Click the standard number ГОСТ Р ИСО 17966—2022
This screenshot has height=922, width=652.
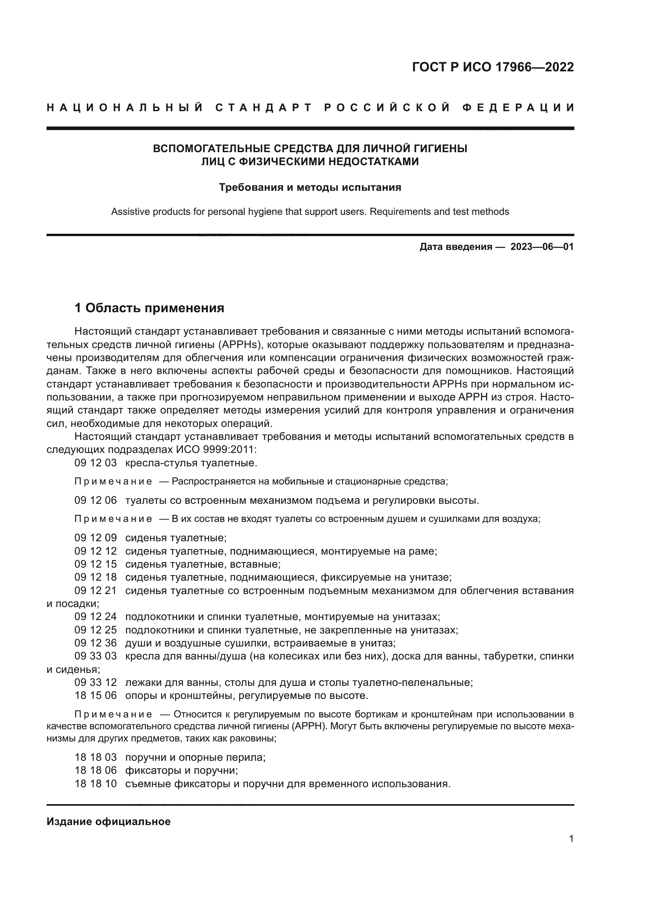(x=493, y=67)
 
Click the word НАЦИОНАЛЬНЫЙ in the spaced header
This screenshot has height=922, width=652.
(x=125, y=108)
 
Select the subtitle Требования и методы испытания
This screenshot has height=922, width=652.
(x=310, y=187)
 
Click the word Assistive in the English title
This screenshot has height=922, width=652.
(x=130, y=212)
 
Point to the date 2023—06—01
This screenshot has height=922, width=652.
(x=542, y=246)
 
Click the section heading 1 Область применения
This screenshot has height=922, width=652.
(x=149, y=308)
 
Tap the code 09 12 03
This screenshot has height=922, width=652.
(x=95, y=463)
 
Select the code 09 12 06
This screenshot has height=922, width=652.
(x=95, y=500)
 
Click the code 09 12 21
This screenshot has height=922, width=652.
(x=95, y=590)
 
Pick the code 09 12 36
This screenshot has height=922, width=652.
(x=95, y=643)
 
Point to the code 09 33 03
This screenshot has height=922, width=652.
(x=95, y=656)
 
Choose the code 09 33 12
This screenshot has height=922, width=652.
(x=95, y=682)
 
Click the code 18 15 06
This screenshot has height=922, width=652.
(x=95, y=695)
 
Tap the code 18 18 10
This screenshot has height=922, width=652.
(x=95, y=784)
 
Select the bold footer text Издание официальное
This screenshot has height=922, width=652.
(x=108, y=821)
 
